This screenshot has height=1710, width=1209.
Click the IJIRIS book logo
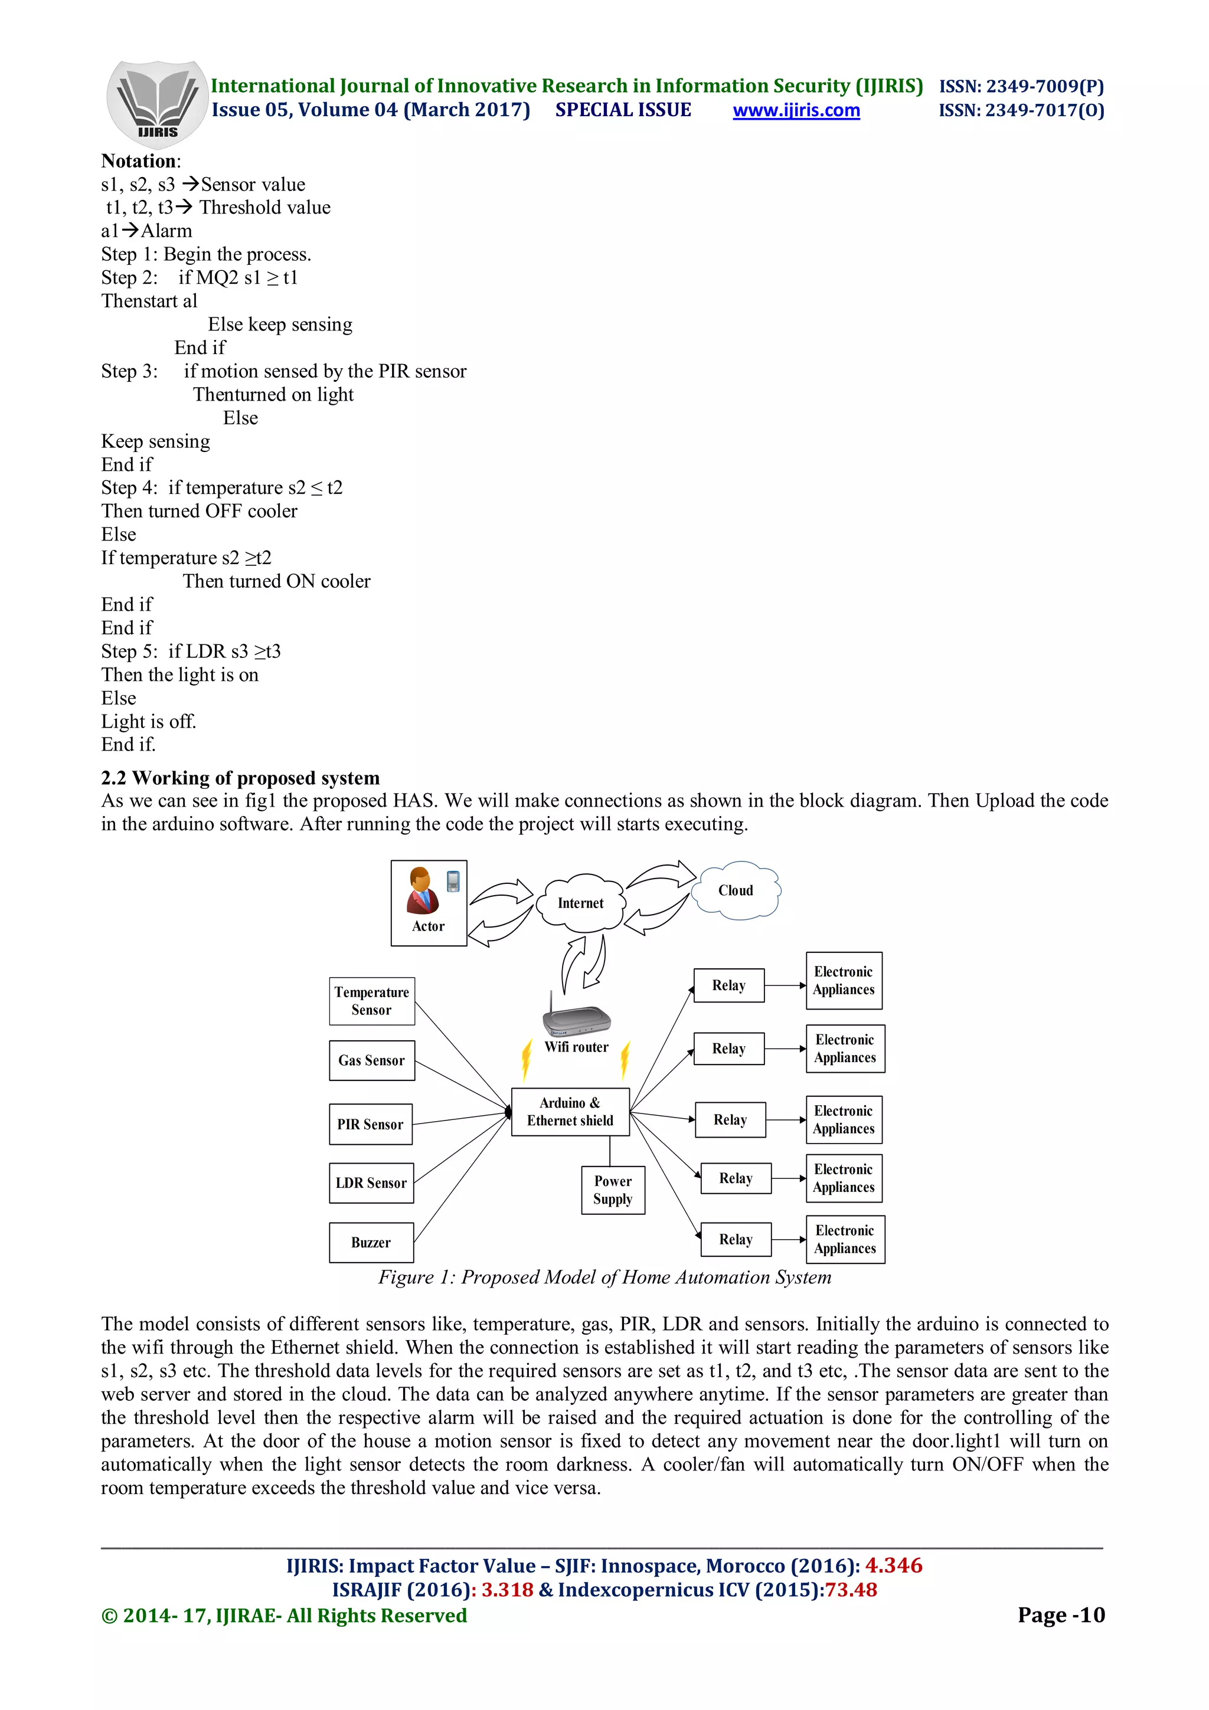click(x=157, y=103)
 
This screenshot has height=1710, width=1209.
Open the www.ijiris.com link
click(x=796, y=110)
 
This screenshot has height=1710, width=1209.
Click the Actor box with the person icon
click(x=429, y=903)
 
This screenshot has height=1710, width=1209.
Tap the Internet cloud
click(x=580, y=903)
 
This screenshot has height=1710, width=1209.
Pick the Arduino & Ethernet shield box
click(x=570, y=1111)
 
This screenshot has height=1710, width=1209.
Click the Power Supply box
click(x=612, y=1190)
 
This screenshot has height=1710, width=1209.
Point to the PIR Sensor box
click(x=370, y=1124)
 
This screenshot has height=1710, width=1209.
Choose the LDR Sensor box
click(x=371, y=1182)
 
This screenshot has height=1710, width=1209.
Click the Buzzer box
click(x=371, y=1242)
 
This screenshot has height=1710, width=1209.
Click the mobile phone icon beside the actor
click(x=453, y=881)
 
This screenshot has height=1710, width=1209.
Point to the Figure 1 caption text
click(x=604, y=1277)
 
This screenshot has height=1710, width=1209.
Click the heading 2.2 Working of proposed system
click(x=240, y=778)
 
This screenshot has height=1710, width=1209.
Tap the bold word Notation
click(x=139, y=161)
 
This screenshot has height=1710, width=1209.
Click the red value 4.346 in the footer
click(x=893, y=1565)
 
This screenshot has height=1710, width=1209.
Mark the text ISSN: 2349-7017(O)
click(x=1021, y=110)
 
